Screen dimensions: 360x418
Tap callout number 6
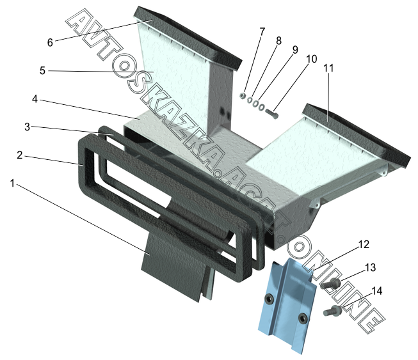pyautogui.click(x=50, y=42)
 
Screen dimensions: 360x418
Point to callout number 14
pyautogui.click(x=377, y=290)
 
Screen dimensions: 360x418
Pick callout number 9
pyautogui.click(x=295, y=49)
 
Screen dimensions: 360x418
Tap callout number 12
pyautogui.click(x=364, y=244)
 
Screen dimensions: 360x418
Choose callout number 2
pyautogui.click(x=20, y=155)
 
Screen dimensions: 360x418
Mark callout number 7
pyautogui.click(x=262, y=32)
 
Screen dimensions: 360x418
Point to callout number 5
pyautogui.click(x=42, y=70)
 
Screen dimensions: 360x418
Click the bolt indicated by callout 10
pyautogui.click(x=271, y=114)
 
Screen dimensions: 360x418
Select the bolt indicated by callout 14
pyautogui.click(x=332, y=311)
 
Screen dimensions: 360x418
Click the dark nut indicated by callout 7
pyautogui.click(x=243, y=96)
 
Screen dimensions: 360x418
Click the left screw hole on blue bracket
pyautogui.click(x=269, y=299)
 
